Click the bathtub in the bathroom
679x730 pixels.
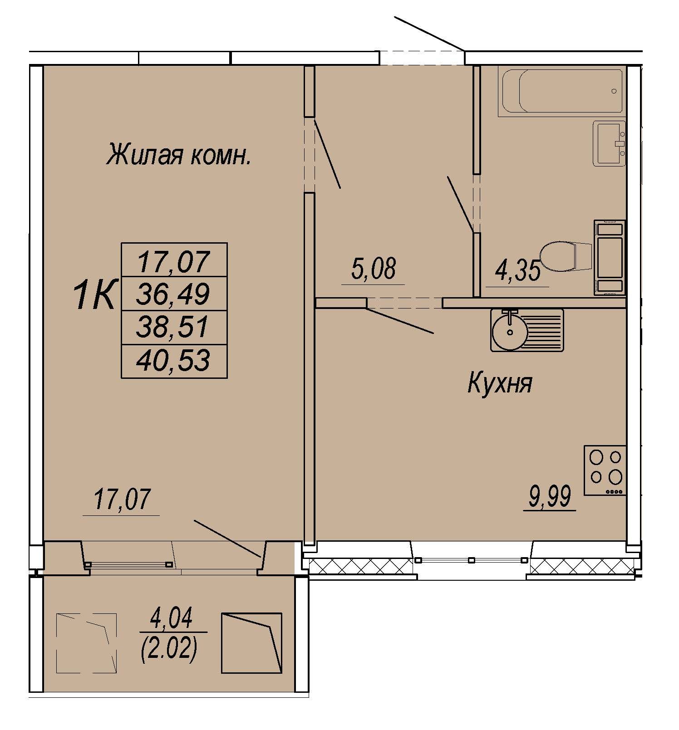(562, 91)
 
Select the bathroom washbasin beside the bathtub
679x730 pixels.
(610, 144)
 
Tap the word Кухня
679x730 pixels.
(499, 384)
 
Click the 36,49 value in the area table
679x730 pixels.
(173, 294)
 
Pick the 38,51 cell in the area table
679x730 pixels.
(173, 327)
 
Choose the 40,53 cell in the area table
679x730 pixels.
(173, 361)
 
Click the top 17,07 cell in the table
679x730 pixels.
(173, 261)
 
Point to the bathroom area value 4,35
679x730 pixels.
(518, 271)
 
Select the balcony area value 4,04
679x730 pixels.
(172, 618)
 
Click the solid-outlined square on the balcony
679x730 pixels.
(251, 643)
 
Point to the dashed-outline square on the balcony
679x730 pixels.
(86, 644)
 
